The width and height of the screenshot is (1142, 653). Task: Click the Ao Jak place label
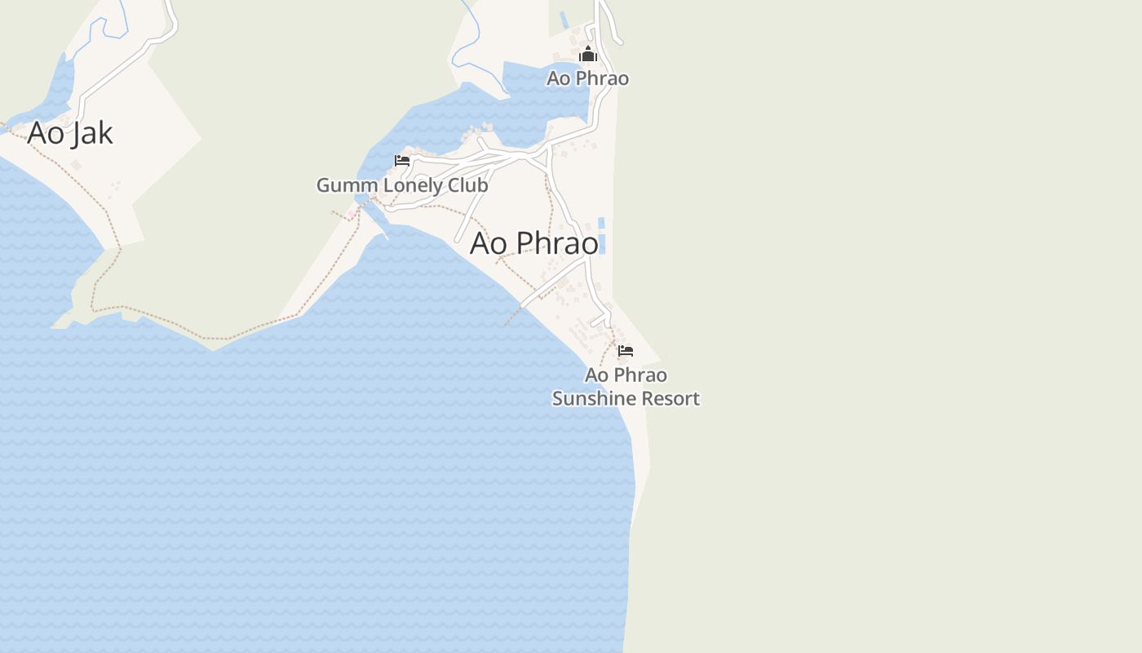click(x=70, y=133)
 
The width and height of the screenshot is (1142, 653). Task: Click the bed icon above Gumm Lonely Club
click(x=402, y=161)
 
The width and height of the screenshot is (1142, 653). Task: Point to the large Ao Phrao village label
click(x=534, y=243)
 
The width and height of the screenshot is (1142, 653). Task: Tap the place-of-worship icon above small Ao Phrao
click(x=588, y=56)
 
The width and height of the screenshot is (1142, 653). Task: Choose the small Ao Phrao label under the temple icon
click(x=587, y=78)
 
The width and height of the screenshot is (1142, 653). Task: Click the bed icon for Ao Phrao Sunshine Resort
click(x=626, y=351)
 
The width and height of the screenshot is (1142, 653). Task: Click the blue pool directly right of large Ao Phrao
click(x=602, y=243)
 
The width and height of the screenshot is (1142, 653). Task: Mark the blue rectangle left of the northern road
click(x=564, y=20)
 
